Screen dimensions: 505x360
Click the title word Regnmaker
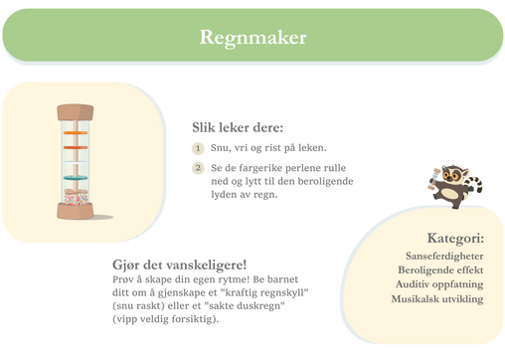[x=252, y=38]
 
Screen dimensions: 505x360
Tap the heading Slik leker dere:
[x=238, y=127]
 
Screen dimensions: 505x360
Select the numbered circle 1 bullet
[x=198, y=148]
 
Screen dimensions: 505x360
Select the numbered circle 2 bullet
[x=198, y=168]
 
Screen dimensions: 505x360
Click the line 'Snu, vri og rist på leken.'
[x=268, y=148]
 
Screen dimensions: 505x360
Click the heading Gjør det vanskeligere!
[x=179, y=265]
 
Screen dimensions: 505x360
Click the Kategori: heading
[x=455, y=238]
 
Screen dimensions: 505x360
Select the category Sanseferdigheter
[x=444, y=257]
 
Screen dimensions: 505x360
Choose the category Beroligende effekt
[x=440, y=270]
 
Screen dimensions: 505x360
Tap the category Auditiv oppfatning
[x=439, y=284]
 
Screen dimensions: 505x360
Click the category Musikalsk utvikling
[x=437, y=299]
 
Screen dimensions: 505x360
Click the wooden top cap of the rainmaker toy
[x=76, y=112]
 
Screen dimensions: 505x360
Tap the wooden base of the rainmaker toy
[x=76, y=211]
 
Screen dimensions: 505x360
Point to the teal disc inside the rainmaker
[x=76, y=178]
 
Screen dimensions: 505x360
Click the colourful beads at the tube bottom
[x=76, y=200]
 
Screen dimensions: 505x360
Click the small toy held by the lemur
[x=433, y=179]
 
